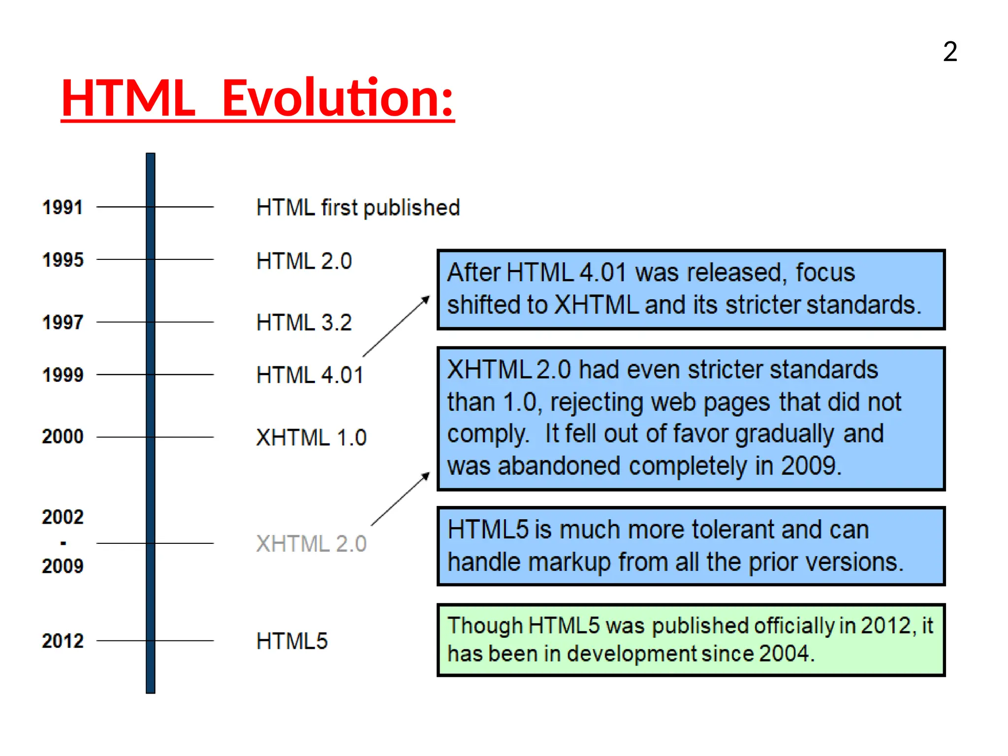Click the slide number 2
(950, 52)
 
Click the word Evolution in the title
(338, 98)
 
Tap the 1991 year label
(63, 207)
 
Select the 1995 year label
(63, 260)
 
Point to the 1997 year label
(63, 322)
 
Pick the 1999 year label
(63, 375)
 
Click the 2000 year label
(63, 437)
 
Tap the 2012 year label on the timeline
(63, 641)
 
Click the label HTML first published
(358, 207)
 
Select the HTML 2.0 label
(304, 261)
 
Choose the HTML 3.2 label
(304, 323)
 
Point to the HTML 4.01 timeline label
(310, 375)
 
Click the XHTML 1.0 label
(311, 438)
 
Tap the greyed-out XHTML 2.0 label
(311, 544)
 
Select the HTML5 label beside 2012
(292, 641)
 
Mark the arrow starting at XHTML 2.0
(400, 499)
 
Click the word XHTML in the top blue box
(597, 305)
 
